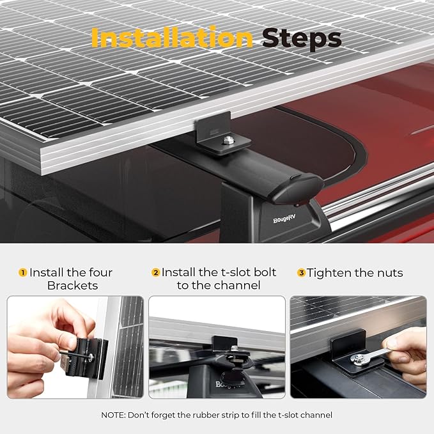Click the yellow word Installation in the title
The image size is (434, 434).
click(x=172, y=38)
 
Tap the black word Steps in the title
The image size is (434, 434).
click(x=302, y=39)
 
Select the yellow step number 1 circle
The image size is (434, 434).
click(x=23, y=273)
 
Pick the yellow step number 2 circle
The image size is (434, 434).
click(x=156, y=273)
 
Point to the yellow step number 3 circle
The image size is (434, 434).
click(x=301, y=273)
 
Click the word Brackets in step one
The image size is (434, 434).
click(x=72, y=286)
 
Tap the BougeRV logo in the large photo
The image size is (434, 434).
click(x=284, y=219)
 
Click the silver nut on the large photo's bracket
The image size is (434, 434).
click(x=229, y=140)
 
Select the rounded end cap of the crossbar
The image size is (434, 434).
click(x=298, y=188)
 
